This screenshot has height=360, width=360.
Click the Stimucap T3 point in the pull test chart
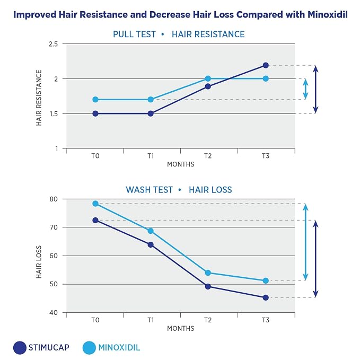pos(266,65)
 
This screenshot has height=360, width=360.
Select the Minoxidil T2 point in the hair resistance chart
pos(208,79)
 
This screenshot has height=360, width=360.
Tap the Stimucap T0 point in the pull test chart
pos(95,113)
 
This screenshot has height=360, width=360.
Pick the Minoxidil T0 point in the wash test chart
pos(95,204)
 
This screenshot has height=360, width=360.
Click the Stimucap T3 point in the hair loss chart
pos(266,298)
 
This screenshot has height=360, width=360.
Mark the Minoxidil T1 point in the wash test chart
pos(151,231)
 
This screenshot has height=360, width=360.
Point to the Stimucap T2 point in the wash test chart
pos(208,286)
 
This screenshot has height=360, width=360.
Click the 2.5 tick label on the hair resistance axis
pos(53,44)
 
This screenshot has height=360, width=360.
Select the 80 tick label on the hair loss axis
pos(54,199)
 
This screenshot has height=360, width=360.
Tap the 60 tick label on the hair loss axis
pos(54,256)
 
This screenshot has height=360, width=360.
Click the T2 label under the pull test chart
pos(208,156)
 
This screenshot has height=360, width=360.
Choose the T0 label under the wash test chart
pos(95,320)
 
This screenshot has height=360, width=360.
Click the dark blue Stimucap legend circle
pos(20,348)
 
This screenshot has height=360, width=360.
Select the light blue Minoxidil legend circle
pos(89,348)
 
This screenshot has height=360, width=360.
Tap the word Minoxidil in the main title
pos(328,14)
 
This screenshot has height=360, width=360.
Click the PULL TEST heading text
pos(134,34)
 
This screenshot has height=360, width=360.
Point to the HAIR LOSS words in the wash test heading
pos(210,190)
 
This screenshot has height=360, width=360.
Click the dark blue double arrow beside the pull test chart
pos(315,90)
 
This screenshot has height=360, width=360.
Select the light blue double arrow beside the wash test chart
pos(305,242)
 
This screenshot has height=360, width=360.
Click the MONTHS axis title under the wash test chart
pos(181,329)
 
